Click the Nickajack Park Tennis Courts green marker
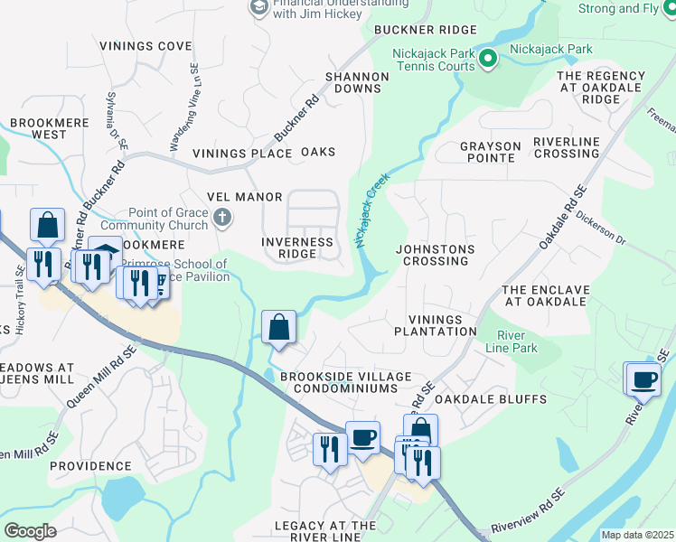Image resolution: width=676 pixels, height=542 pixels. pos(488,61)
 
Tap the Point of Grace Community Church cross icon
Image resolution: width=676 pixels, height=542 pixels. pos(222,218)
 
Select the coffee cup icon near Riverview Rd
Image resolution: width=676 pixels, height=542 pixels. pos(643,379)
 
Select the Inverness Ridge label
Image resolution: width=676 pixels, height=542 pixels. pos(296,248)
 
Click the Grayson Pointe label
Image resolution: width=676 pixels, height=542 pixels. pos(491,152)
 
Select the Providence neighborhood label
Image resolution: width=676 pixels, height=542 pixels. pos(85,466)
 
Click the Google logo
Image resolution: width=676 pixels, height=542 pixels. pos(31,531)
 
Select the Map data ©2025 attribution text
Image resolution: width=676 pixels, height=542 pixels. pos(637,535)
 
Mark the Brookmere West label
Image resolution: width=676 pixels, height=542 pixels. pos(37,128)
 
